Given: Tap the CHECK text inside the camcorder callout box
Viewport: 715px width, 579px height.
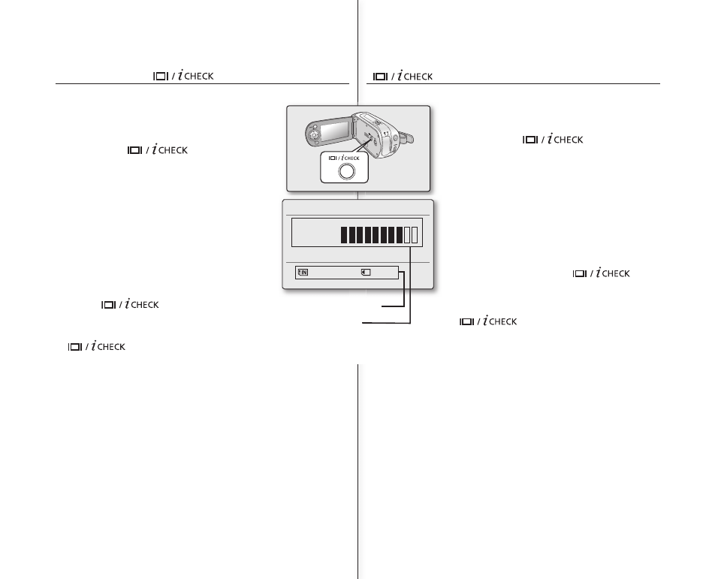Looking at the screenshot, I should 352,158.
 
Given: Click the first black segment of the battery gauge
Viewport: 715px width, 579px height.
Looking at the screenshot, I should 344,235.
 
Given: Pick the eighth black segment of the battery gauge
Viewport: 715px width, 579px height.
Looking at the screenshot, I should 400,235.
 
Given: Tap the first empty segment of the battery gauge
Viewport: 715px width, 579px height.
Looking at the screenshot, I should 407,235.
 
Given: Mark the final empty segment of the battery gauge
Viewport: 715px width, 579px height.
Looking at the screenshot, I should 415,235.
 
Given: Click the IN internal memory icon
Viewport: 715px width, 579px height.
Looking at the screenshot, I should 303,273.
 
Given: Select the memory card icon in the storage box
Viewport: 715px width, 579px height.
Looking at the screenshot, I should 365,273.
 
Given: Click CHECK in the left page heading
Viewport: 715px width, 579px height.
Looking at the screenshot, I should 201,76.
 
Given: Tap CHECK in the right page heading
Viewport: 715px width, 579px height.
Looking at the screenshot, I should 419,77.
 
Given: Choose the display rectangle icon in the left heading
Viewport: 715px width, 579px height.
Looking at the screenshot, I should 159,76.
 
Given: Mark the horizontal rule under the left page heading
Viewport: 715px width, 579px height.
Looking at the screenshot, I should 203,83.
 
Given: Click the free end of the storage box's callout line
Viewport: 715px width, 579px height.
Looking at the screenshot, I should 382,306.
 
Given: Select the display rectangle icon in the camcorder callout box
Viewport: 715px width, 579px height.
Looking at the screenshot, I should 330,158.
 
